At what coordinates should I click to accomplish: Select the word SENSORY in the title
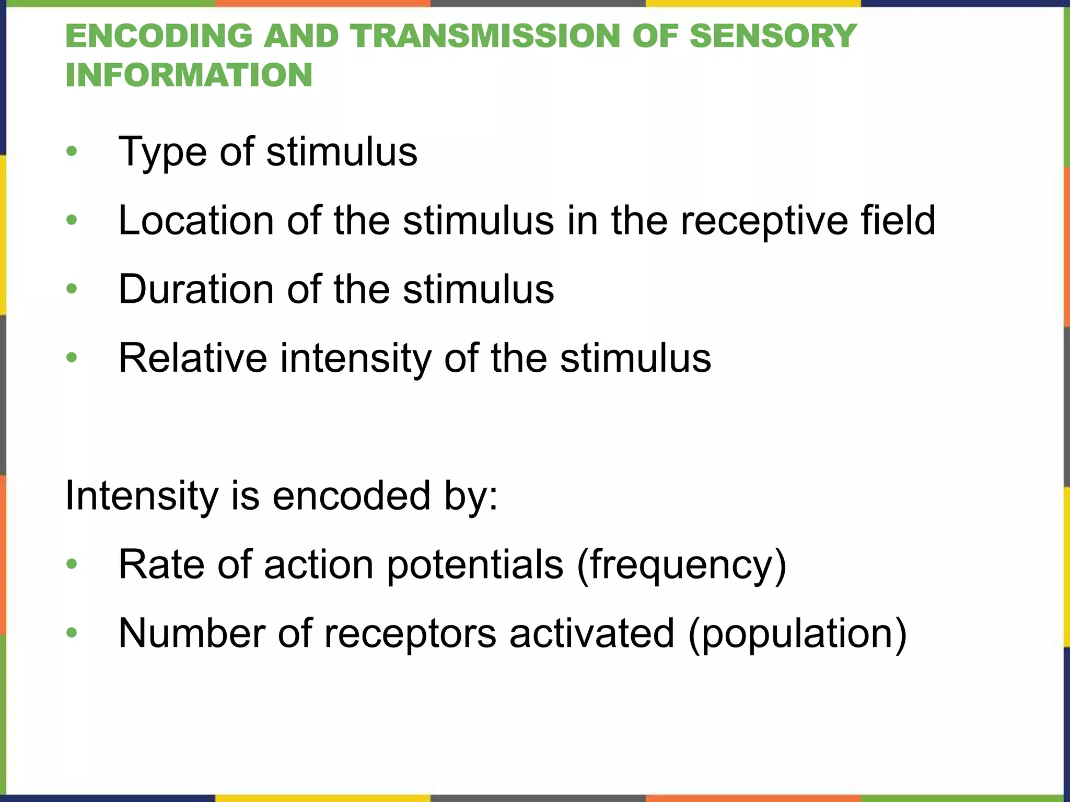click(773, 37)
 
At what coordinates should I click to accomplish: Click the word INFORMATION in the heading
click(189, 75)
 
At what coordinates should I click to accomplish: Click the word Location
click(196, 220)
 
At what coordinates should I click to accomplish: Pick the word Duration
click(196, 289)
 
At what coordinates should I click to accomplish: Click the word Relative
click(193, 358)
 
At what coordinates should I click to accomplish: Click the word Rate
click(161, 564)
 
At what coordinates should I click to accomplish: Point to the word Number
click(191, 633)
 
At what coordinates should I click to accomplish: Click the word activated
click(592, 633)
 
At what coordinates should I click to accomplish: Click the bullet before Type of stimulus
click(72, 152)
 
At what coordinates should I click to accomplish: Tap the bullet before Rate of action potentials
click(72, 564)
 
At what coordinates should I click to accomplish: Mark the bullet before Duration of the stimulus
click(72, 289)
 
